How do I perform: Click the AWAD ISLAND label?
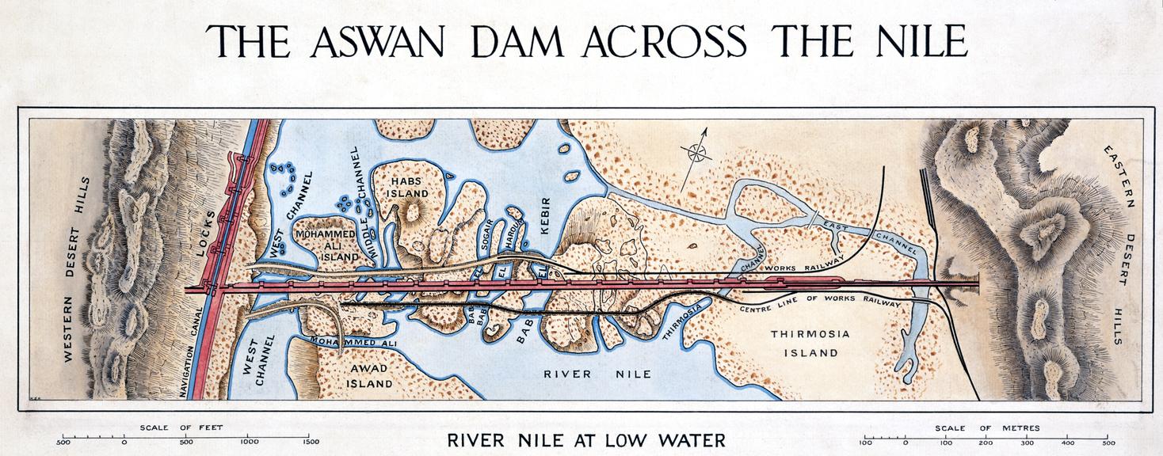pyautogui.click(x=368, y=377)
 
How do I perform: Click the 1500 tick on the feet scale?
pyautogui.click(x=310, y=442)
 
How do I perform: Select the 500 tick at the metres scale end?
pyautogui.click(x=1108, y=442)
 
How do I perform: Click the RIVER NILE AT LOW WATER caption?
pyautogui.click(x=585, y=439)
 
